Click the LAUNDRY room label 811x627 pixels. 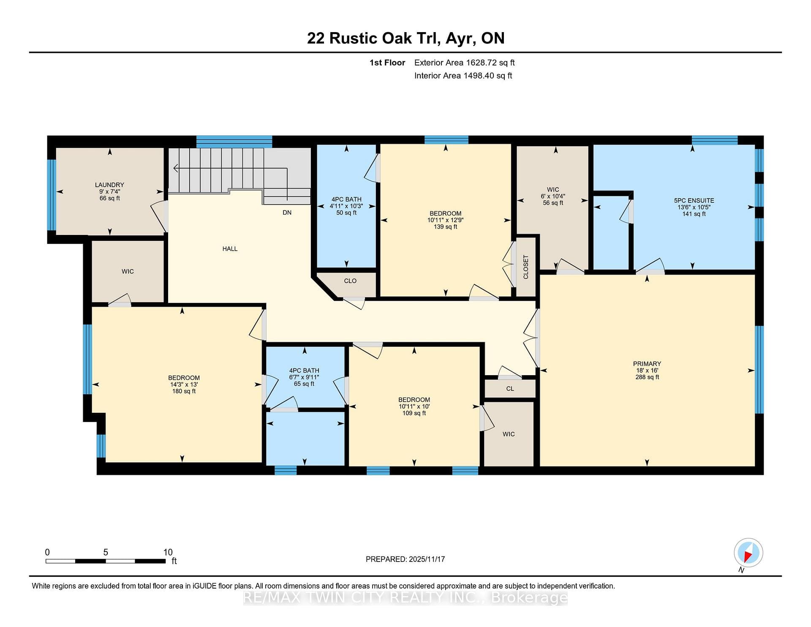(x=109, y=185)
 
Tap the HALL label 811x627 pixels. (x=230, y=249)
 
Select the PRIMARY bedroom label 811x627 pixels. (x=647, y=364)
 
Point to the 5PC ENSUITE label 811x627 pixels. (x=694, y=201)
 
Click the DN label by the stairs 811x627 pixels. (x=287, y=213)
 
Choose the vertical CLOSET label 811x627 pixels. (x=526, y=267)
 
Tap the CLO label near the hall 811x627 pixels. (x=350, y=281)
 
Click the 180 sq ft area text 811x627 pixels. (x=184, y=391)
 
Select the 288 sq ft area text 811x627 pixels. (x=647, y=377)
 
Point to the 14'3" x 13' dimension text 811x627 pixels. (x=184, y=384)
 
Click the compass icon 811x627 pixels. (x=748, y=553)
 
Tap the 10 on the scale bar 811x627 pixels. (x=168, y=552)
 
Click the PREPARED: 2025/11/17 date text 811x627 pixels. (x=405, y=559)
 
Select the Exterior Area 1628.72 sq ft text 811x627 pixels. (x=464, y=63)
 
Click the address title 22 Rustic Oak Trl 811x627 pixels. (x=374, y=38)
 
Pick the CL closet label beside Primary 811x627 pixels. (x=510, y=389)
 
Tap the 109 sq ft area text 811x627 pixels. (x=414, y=413)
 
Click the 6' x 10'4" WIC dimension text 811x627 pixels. (x=553, y=196)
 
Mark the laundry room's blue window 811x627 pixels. (x=52, y=195)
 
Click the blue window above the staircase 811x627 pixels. (x=234, y=142)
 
